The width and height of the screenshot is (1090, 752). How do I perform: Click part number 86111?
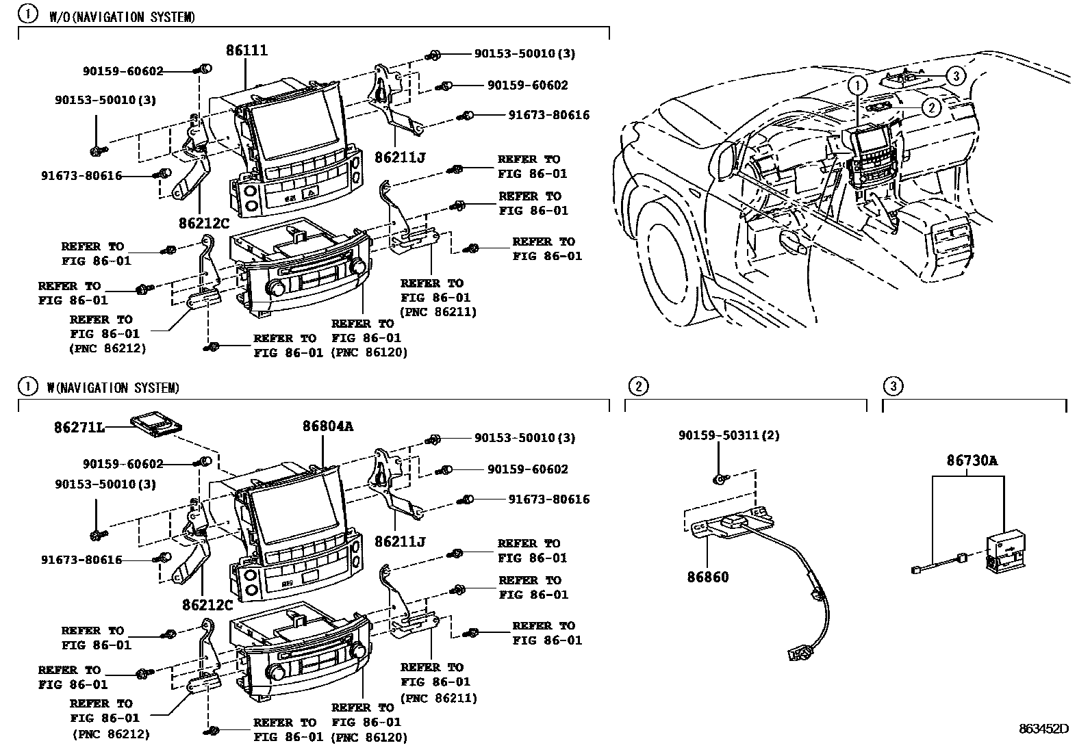coord(246,51)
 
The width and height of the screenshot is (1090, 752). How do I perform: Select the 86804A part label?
coord(328,426)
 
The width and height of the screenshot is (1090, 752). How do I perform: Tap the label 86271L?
coord(79,428)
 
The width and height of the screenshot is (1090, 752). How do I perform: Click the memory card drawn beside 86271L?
coord(155,424)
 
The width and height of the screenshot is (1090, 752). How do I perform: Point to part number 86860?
coord(708,577)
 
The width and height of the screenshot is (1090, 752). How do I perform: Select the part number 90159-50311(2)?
coord(728,435)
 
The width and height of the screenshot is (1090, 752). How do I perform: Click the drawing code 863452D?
coord(1043,729)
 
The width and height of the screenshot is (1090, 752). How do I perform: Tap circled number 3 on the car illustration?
coord(956,75)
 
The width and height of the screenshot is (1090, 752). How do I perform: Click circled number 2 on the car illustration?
coord(930,107)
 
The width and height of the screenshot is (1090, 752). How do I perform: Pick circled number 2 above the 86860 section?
coord(637,387)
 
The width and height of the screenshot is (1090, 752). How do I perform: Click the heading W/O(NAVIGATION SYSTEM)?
coord(121,17)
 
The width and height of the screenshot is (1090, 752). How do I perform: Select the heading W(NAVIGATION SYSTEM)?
coord(113,388)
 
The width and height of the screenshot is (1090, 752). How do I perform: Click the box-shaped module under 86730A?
coord(1004,551)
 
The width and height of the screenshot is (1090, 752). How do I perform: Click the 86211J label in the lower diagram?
coord(400,542)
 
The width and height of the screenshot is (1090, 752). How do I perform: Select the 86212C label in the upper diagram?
coord(205,222)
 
